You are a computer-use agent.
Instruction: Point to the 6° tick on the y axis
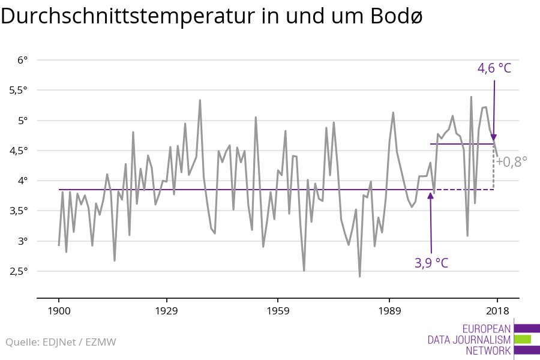tap(23, 60)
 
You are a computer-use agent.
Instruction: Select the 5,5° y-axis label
tap(18, 90)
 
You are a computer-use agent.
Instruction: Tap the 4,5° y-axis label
tap(18, 151)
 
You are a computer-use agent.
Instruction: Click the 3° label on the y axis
tap(23, 241)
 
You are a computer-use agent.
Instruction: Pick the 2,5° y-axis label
tap(18, 271)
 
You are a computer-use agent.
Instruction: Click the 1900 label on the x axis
tap(59, 311)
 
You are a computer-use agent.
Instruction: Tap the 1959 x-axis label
tap(277, 311)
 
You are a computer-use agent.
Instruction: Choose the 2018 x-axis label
tap(497, 311)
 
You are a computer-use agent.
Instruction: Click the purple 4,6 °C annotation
tap(494, 68)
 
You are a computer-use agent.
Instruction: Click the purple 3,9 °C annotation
tap(431, 263)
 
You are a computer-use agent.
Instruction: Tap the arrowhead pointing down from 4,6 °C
tap(494, 137)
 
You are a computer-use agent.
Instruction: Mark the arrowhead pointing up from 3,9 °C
tap(431, 196)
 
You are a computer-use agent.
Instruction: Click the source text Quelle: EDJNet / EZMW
tap(61, 343)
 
